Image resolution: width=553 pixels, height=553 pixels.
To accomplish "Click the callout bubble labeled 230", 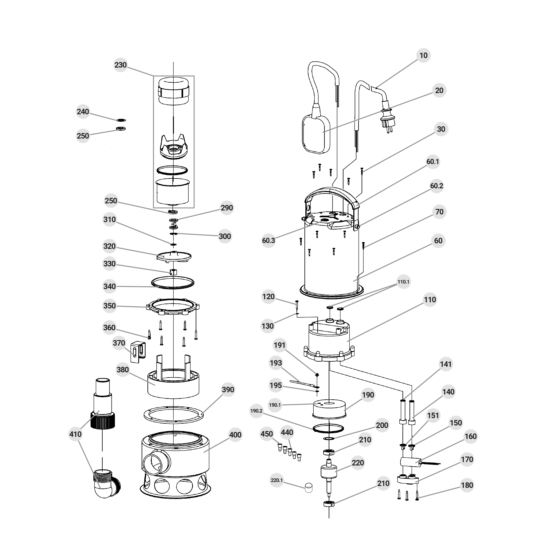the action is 120,65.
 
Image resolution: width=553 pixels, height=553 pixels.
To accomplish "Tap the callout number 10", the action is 423,56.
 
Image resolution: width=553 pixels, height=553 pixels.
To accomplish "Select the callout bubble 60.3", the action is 269,241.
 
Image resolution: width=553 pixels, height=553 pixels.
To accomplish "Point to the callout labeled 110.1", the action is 403,282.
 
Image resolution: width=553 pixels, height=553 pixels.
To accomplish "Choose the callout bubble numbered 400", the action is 235,435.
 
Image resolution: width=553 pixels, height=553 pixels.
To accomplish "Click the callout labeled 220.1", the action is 277,480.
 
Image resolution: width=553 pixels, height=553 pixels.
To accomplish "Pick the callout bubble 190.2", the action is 257,411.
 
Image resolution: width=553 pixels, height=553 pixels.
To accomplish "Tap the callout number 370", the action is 119,343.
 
